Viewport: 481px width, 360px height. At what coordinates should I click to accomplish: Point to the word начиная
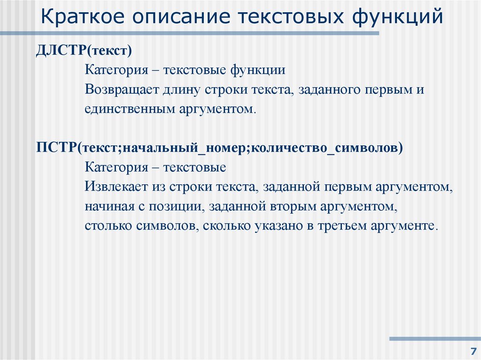coord(106,207)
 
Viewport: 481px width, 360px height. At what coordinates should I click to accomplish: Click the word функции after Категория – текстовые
coord(257,70)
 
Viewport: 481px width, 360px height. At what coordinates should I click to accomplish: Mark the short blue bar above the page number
coord(435,338)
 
